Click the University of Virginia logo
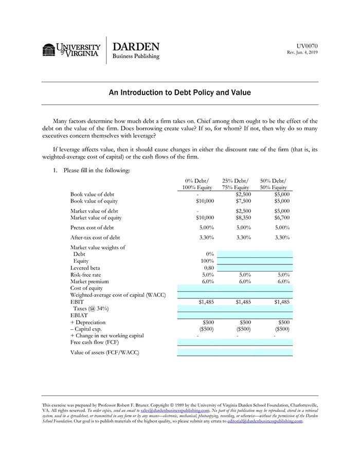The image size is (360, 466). click(71, 50)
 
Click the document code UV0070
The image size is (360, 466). click(307, 46)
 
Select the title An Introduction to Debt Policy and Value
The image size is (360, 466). click(179, 93)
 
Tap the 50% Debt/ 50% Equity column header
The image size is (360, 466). click(274, 184)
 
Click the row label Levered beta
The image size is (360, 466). click(85, 268)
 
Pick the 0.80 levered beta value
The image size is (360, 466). click(208, 268)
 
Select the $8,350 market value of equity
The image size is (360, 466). click(243, 218)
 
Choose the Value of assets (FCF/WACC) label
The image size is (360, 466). click(105, 352)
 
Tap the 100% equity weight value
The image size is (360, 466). click(206, 261)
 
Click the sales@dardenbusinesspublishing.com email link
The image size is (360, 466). click(175, 410)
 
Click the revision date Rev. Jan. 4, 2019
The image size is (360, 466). click(302, 52)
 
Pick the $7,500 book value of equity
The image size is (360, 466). click(243, 201)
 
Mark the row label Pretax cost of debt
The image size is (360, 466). click(92, 227)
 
